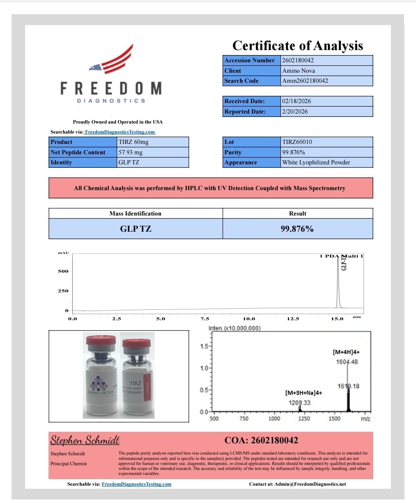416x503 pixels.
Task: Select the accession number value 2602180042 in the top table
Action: point(298,60)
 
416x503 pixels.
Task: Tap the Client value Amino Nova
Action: point(299,71)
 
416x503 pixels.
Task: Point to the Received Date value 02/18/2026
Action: point(296,101)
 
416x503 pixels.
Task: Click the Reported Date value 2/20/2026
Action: point(295,112)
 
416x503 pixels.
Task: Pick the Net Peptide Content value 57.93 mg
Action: point(130,152)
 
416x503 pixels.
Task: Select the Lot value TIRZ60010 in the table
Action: point(297,142)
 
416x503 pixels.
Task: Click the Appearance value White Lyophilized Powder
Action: point(316,162)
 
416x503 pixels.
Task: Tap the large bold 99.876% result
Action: point(297,229)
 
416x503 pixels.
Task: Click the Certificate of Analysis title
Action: point(297,46)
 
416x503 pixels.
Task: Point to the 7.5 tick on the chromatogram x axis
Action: point(205,319)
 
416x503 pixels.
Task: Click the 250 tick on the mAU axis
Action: point(63,291)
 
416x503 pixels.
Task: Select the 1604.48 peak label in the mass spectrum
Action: point(347,362)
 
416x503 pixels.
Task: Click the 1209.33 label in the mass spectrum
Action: point(299,403)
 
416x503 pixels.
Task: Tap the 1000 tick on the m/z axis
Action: point(274,419)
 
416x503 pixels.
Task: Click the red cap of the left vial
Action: point(101,341)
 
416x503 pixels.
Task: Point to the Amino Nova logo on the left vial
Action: point(100,385)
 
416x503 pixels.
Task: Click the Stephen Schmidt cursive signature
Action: point(85,440)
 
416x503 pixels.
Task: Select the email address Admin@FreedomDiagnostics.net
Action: point(310,484)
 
